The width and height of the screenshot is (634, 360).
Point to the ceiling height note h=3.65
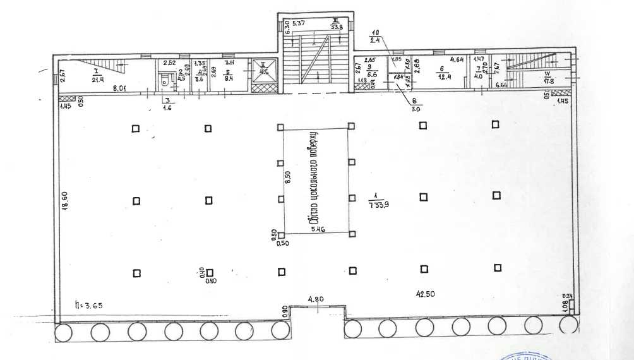[x=88, y=305]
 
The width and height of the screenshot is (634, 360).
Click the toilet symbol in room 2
[x=165, y=79]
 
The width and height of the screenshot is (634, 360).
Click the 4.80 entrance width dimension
[x=316, y=299]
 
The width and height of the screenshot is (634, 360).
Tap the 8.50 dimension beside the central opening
[x=288, y=178]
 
